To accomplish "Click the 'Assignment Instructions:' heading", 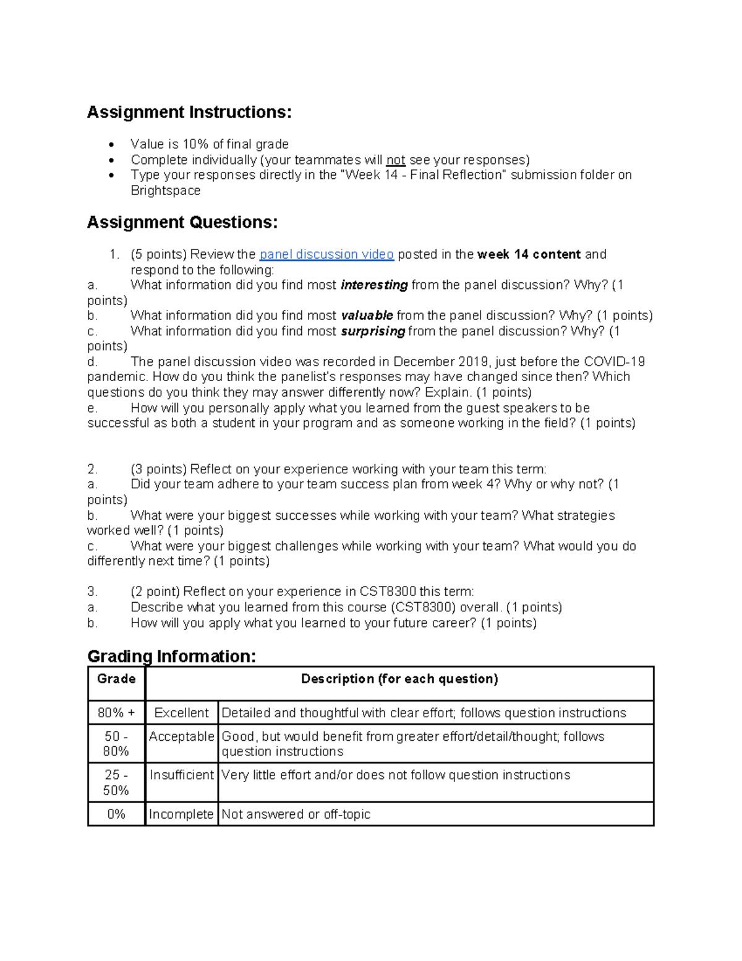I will tap(189, 113).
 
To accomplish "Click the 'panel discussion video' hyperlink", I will tap(326, 254).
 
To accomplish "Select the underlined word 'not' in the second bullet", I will tap(396, 160).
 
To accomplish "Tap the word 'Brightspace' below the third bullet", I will tap(165, 191).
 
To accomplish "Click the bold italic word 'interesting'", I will tap(374, 285).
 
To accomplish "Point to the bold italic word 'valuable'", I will tap(367, 316).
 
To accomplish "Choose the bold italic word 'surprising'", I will tap(373, 331).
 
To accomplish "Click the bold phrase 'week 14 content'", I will tap(529, 254).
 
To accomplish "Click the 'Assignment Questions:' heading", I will tap(182, 223).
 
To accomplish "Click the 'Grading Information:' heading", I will tap(171, 657).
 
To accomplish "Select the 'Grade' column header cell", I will tap(116, 679).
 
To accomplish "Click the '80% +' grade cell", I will tap(116, 713).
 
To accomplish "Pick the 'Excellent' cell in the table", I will tap(181, 713).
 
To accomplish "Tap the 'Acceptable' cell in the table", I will tap(181, 737).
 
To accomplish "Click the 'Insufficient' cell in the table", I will tap(181, 775).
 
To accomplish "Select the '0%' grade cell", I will tap(116, 814).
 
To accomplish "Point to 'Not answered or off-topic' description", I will tap(296, 814).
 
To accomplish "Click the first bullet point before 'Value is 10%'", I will tap(111, 145).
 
